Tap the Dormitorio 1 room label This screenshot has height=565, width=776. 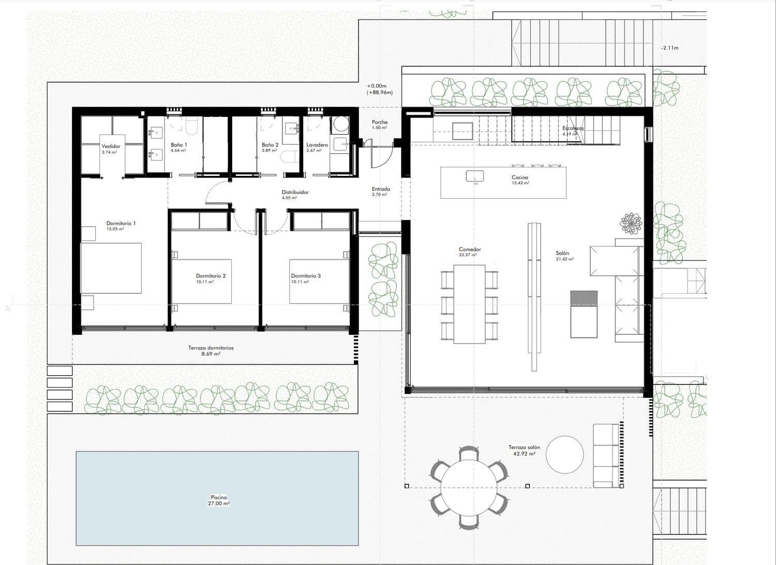[x=121, y=226]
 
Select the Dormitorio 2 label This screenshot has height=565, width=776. [x=211, y=278]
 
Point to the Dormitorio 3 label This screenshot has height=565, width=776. [x=306, y=278]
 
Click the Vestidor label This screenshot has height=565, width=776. [x=111, y=149]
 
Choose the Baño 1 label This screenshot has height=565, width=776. [x=179, y=147]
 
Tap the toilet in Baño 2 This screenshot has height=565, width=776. [x=289, y=157]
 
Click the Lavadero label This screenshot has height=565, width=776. [x=317, y=147]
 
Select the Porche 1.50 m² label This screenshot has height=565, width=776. [x=380, y=125]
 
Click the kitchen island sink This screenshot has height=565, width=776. [x=474, y=176]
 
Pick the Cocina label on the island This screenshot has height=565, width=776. [x=520, y=180]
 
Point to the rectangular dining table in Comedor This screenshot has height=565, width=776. [x=469, y=304]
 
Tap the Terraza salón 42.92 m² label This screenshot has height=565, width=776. [x=524, y=450]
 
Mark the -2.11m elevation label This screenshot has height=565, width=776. [x=669, y=48]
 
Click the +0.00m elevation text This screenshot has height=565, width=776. [x=377, y=86]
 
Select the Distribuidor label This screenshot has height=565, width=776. [x=295, y=195]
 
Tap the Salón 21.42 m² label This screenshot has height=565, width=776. [x=564, y=256]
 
